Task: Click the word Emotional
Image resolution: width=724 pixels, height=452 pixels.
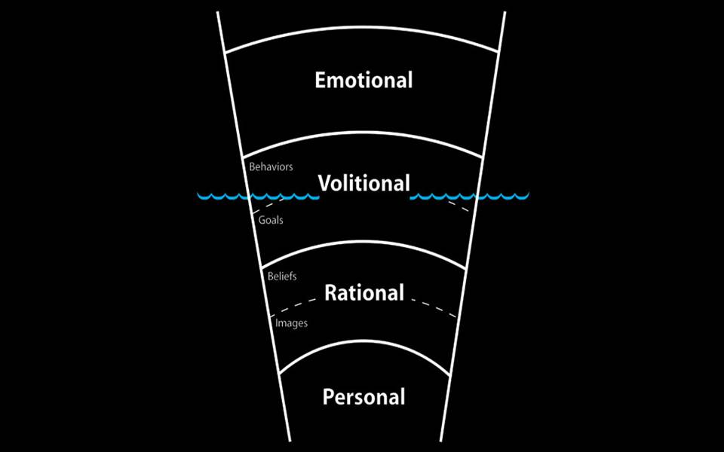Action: [x=364, y=80]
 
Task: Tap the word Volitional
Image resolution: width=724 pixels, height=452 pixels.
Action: [x=364, y=183]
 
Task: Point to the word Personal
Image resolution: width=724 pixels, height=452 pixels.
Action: [x=364, y=397]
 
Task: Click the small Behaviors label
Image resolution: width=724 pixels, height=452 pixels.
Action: [x=271, y=166]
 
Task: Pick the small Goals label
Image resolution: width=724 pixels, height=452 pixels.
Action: [x=271, y=220]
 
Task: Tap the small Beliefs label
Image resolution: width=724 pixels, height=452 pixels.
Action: [x=282, y=276]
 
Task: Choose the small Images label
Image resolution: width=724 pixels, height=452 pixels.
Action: [x=291, y=323]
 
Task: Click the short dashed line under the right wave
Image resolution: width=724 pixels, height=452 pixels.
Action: [x=459, y=205]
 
